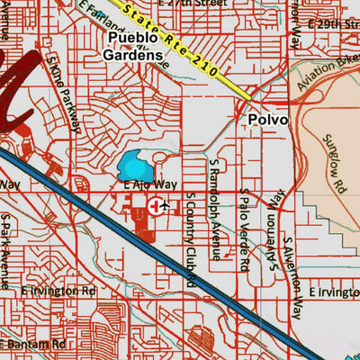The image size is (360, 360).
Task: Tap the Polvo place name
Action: pos(268,120)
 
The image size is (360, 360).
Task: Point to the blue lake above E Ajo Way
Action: pos(134,166)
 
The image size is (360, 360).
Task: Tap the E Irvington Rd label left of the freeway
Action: pos(58,292)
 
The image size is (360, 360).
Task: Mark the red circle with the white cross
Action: pos(157,206)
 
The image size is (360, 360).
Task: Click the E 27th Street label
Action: pos(202,4)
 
